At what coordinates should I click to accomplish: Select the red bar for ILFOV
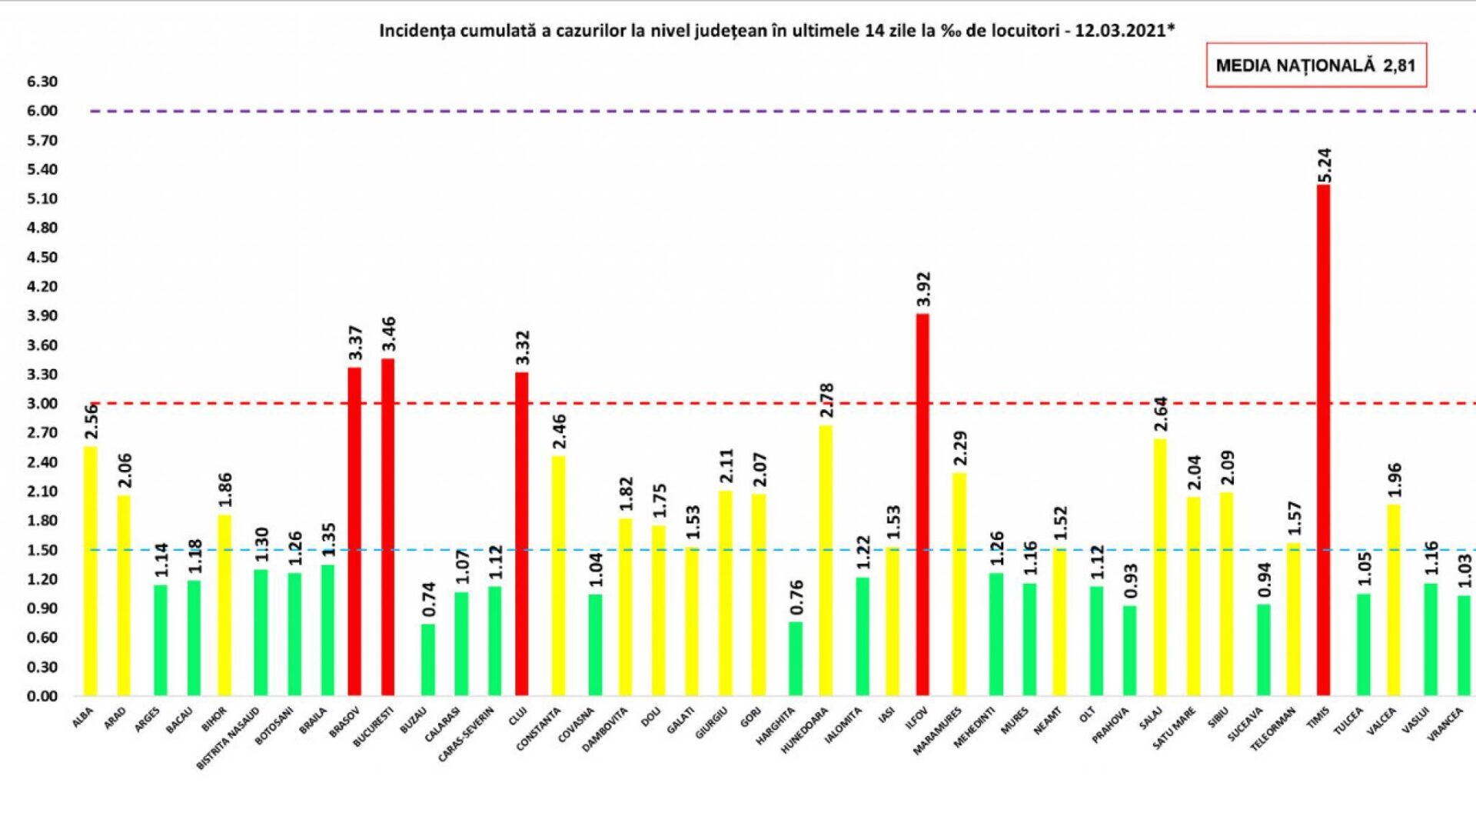pyautogui.click(x=922, y=505)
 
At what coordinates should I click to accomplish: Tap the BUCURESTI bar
pyautogui.click(x=388, y=527)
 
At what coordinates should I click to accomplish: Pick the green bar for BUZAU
pyautogui.click(x=428, y=659)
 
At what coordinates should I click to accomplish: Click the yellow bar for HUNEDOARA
pyautogui.click(x=826, y=560)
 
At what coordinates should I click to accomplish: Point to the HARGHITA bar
pyautogui.click(x=796, y=658)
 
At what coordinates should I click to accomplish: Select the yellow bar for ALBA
pyautogui.click(x=91, y=571)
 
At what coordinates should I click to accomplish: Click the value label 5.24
pyautogui.click(x=1325, y=165)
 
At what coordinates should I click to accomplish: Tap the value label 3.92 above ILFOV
pyautogui.click(x=923, y=288)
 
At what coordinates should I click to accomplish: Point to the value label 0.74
pyautogui.click(x=429, y=599)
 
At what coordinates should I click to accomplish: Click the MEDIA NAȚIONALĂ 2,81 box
pyautogui.click(x=1315, y=65)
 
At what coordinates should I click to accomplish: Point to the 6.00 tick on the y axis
pyautogui.click(x=42, y=111)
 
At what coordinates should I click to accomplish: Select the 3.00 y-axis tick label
pyautogui.click(x=42, y=404)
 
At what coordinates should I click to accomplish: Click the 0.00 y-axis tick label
pyautogui.click(x=42, y=696)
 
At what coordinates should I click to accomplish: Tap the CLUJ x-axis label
pyautogui.click(x=517, y=718)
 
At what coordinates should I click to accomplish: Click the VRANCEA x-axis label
pyautogui.click(x=1445, y=724)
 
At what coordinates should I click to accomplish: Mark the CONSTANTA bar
pyautogui.click(x=558, y=576)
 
